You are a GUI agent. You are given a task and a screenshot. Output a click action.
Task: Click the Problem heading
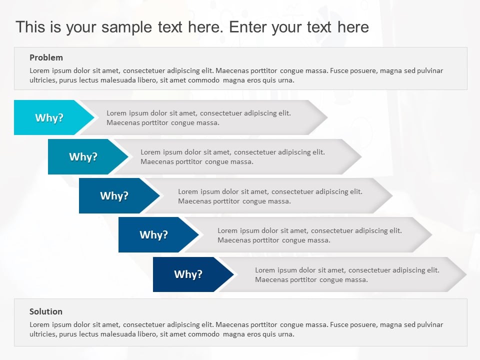tap(46, 57)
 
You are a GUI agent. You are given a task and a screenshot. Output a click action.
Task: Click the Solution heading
tap(46, 311)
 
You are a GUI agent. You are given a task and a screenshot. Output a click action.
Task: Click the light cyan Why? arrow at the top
tap(49, 117)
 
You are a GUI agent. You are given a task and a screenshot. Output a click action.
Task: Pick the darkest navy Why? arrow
tap(188, 274)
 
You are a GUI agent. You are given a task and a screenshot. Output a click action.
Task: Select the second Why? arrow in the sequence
tap(83, 156)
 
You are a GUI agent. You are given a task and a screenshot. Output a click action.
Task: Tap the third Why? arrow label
tap(114, 195)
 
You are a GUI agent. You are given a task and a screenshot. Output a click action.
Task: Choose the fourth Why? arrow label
tap(153, 234)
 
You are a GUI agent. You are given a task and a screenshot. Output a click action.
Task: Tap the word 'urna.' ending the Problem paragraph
tap(285, 80)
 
